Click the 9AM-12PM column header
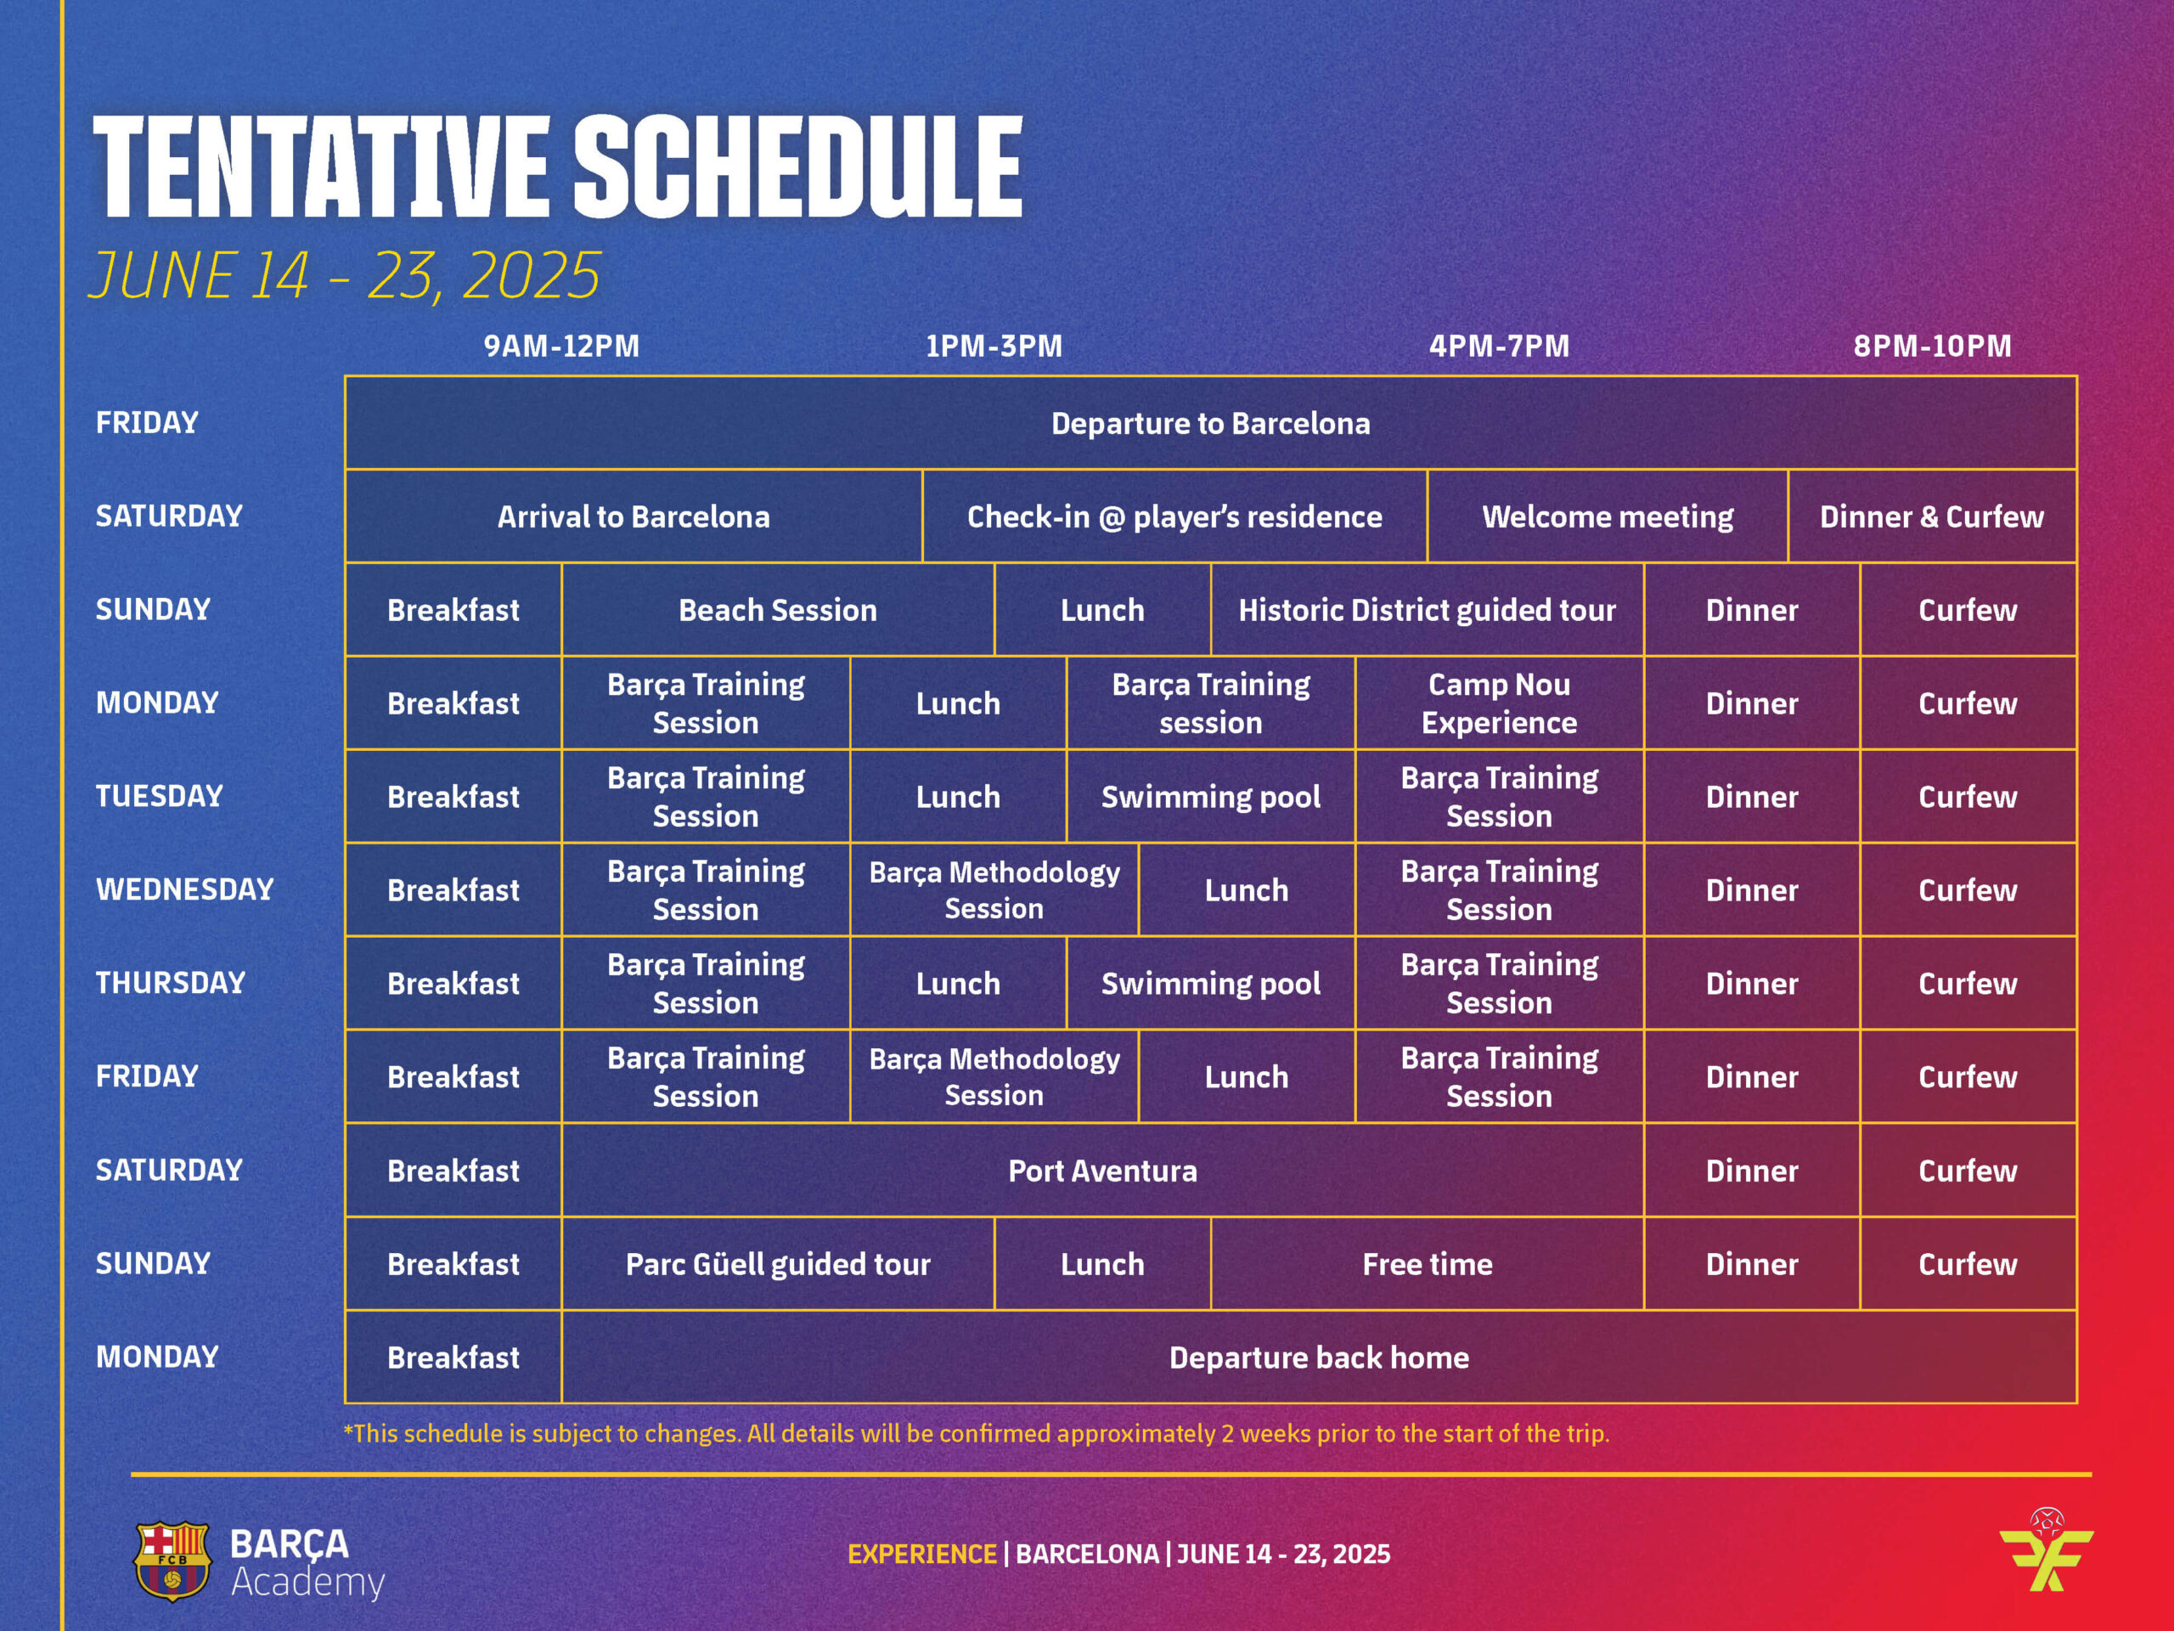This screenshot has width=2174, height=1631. pos(561,346)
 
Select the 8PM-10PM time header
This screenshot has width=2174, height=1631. pos(1932,346)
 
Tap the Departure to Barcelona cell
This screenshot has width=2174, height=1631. pos(1211,423)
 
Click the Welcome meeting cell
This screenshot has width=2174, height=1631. pos(1607,516)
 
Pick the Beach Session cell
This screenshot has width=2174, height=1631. pos(777,610)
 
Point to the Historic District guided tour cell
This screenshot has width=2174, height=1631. pos(1427,610)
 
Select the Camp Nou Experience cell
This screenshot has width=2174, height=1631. pos(1499,703)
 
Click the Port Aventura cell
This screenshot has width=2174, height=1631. pos(1103,1170)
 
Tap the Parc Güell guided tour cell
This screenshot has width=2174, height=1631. pos(777,1263)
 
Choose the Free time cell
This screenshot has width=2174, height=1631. pos(1427,1263)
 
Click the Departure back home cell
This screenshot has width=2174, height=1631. pos(1319,1357)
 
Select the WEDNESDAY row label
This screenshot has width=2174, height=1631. pos(185,889)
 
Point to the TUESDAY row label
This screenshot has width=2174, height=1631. pos(159,795)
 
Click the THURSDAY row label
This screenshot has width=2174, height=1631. pos(170,982)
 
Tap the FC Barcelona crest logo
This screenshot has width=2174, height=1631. pos(172,1561)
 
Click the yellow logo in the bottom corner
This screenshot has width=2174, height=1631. pos(2047,1550)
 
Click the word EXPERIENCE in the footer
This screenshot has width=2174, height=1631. pos(922,1555)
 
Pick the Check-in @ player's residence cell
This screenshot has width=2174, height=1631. pos(1174,516)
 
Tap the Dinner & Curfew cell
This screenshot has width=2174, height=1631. pos(1931,516)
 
